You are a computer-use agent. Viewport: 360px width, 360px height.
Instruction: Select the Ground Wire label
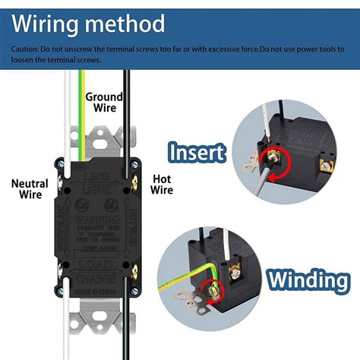(x=103, y=103)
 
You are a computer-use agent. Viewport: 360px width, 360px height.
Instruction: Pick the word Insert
(x=197, y=153)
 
